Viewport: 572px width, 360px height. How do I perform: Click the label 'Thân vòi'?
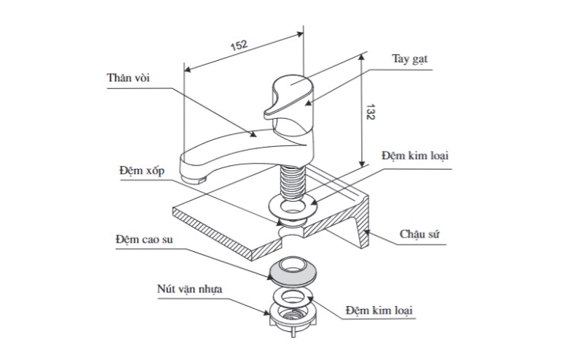coord(132,79)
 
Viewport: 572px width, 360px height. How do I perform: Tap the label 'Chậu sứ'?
coord(421,234)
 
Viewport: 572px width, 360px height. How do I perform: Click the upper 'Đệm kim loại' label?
coord(415,155)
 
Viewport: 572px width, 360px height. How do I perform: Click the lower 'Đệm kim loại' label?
coord(380,311)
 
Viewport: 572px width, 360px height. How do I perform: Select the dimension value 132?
coord(370,113)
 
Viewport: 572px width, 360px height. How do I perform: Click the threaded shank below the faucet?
coord(292,183)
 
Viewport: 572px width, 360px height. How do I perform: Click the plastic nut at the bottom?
coord(292,316)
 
